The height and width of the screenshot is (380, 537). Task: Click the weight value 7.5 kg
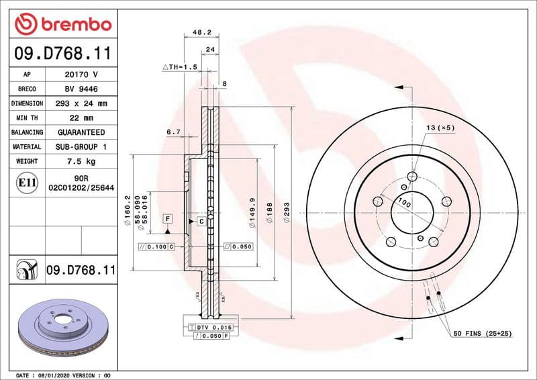click(x=81, y=161)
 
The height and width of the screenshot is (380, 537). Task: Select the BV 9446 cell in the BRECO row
click(x=81, y=89)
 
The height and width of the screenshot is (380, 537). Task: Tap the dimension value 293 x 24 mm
click(x=81, y=103)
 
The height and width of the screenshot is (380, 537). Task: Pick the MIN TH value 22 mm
click(x=81, y=118)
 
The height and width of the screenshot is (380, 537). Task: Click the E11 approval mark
click(x=28, y=182)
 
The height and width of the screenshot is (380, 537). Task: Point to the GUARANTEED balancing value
click(x=81, y=132)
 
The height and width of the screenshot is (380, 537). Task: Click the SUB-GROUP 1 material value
click(x=81, y=146)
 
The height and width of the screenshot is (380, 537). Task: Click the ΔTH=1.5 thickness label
click(x=179, y=68)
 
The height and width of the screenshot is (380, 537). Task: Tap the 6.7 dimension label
click(x=173, y=132)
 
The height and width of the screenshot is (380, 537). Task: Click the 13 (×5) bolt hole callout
click(x=440, y=127)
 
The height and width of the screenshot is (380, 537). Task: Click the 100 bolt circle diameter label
click(x=403, y=201)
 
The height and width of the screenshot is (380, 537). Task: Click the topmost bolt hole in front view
click(x=412, y=177)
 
